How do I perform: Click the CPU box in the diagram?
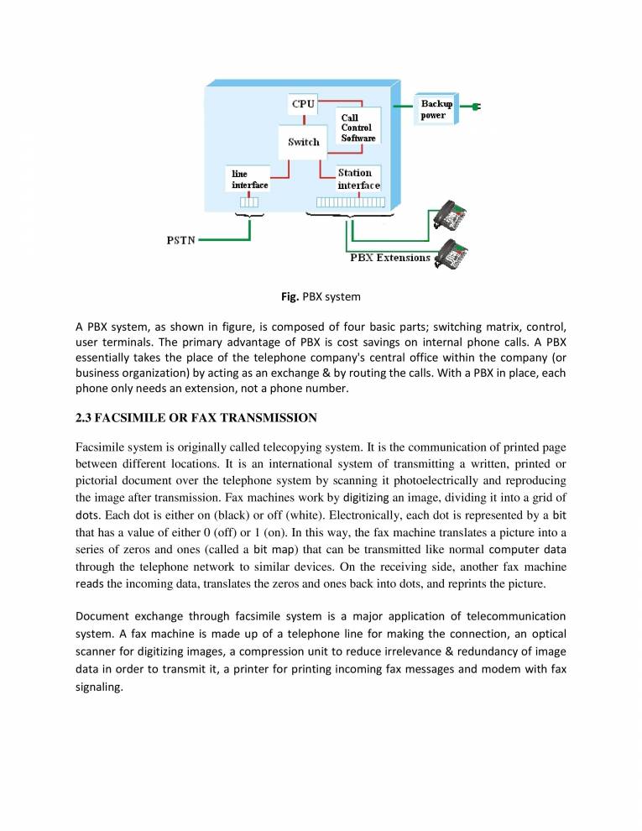click(303, 105)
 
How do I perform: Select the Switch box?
click(304, 142)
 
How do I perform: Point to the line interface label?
click(250, 179)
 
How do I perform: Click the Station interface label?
click(358, 179)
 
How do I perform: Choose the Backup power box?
click(436, 109)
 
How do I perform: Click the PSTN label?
click(180, 241)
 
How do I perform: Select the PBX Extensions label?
click(390, 258)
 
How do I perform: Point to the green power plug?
click(474, 107)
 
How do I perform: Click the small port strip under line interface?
click(250, 201)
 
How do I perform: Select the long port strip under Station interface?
click(351, 202)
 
